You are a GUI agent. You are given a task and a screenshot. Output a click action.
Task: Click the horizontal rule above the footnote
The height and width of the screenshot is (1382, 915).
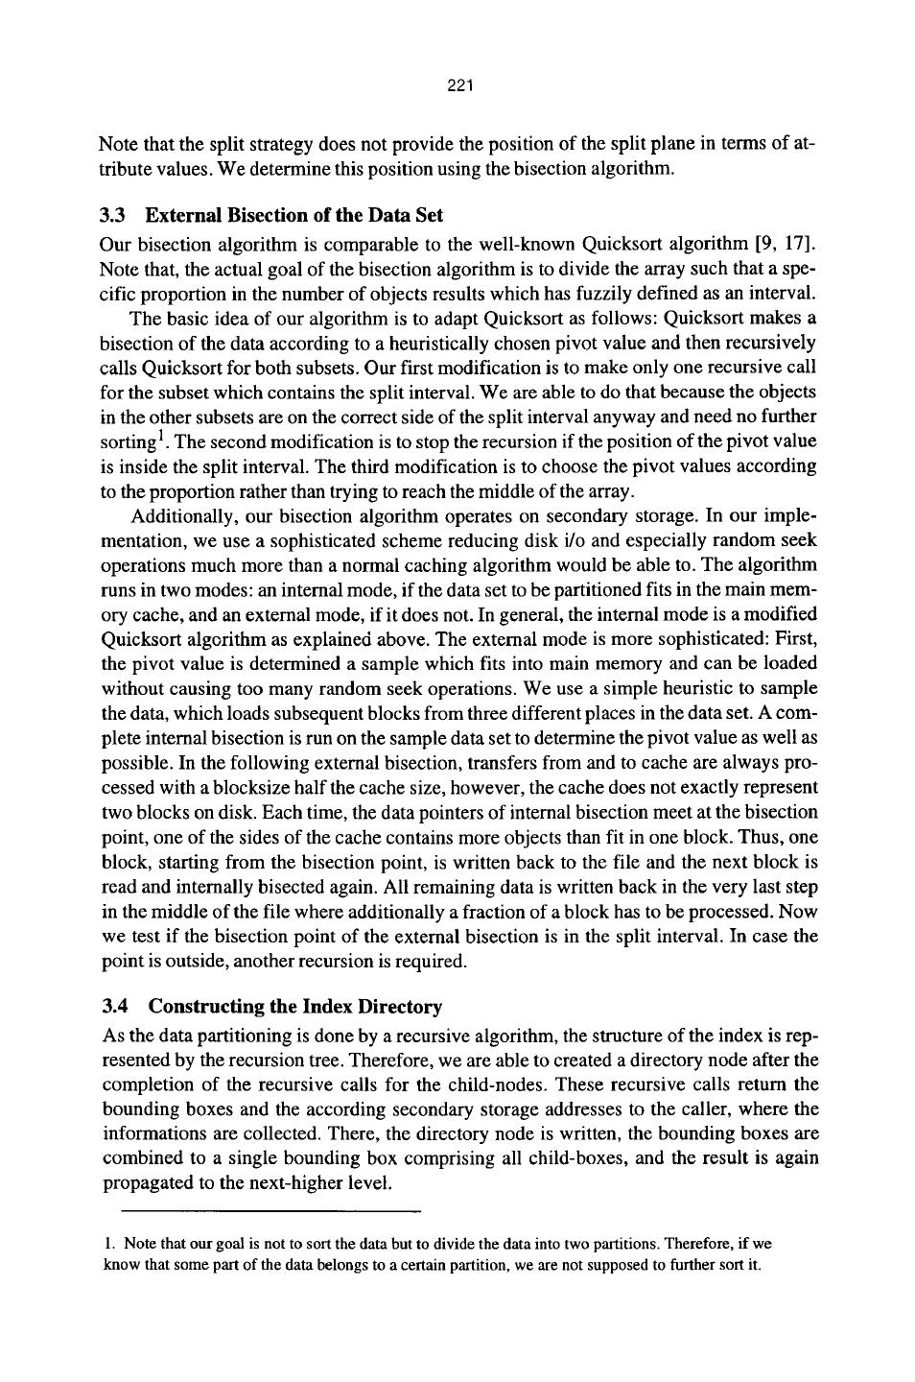coord(263,1211)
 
